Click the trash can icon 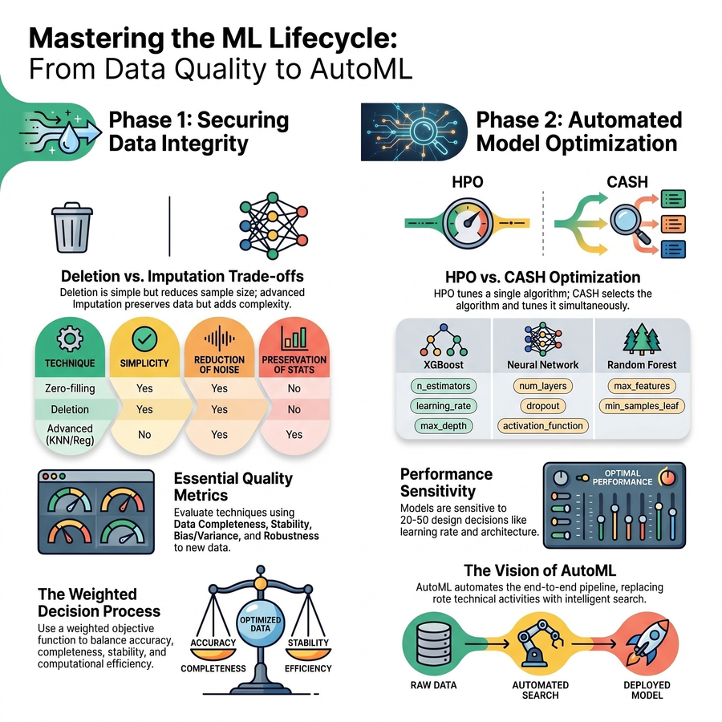point(72,228)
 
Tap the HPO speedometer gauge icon point(468,223)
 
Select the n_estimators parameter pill point(444,386)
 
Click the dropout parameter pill point(543,406)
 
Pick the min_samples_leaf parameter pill point(642,406)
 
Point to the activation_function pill point(543,426)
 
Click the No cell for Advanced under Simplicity point(144,435)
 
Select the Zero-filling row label point(70,388)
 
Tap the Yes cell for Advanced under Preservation point(294,435)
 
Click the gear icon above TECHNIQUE point(70,339)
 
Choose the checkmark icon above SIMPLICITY point(144,339)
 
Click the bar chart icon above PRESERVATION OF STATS point(294,338)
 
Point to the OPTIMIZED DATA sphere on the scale point(260,623)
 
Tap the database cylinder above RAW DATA point(433,643)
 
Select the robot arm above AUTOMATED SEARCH point(540,642)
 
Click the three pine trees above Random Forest point(642,339)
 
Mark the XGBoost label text point(444,365)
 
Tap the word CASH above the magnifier point(627,182)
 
